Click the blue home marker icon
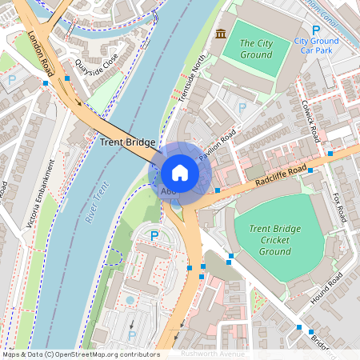point(180,173)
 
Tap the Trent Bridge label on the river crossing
point(127,142)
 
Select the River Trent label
point(95,203)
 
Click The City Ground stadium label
point(256,49)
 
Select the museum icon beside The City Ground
point(221,33)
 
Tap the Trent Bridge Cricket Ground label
point(274,240)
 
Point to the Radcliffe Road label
point(282,177)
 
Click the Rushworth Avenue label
point(212,353)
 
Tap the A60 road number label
point(168,191)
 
